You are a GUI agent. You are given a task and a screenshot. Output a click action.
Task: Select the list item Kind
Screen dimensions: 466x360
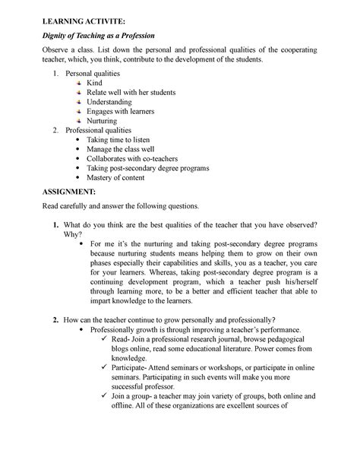click(94, 82)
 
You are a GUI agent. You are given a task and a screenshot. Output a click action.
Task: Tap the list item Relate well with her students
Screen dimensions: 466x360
click(131, 92)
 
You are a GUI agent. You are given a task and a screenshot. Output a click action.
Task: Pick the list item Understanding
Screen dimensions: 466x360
click(114, 102)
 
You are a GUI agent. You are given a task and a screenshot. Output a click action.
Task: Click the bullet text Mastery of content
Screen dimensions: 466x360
click(122, 178)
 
